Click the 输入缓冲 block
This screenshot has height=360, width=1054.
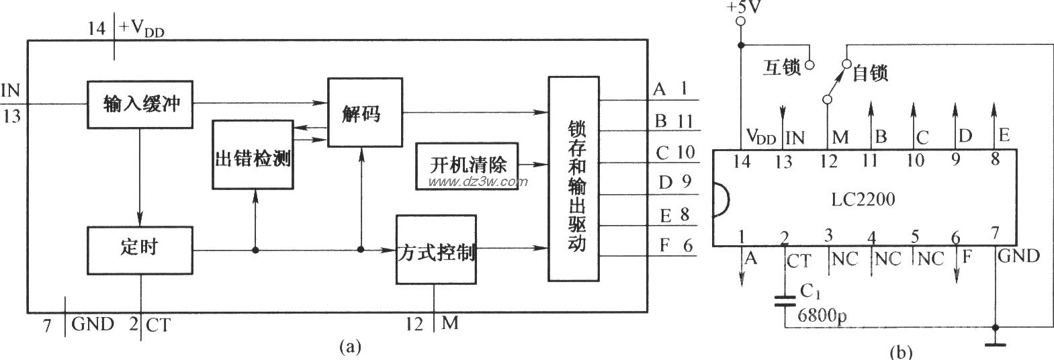[140, 104]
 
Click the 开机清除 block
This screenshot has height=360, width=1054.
[467, 163]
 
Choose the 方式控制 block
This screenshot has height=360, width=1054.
[435, 251]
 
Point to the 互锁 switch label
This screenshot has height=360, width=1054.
[782, 67]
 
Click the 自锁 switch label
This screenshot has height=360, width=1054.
[871, 73]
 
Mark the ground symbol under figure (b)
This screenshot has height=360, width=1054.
[995, 345]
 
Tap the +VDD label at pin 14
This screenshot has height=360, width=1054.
[141, 29]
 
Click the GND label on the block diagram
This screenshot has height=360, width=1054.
[93, 325]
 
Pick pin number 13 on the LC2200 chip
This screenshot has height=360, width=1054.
[783, 161]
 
